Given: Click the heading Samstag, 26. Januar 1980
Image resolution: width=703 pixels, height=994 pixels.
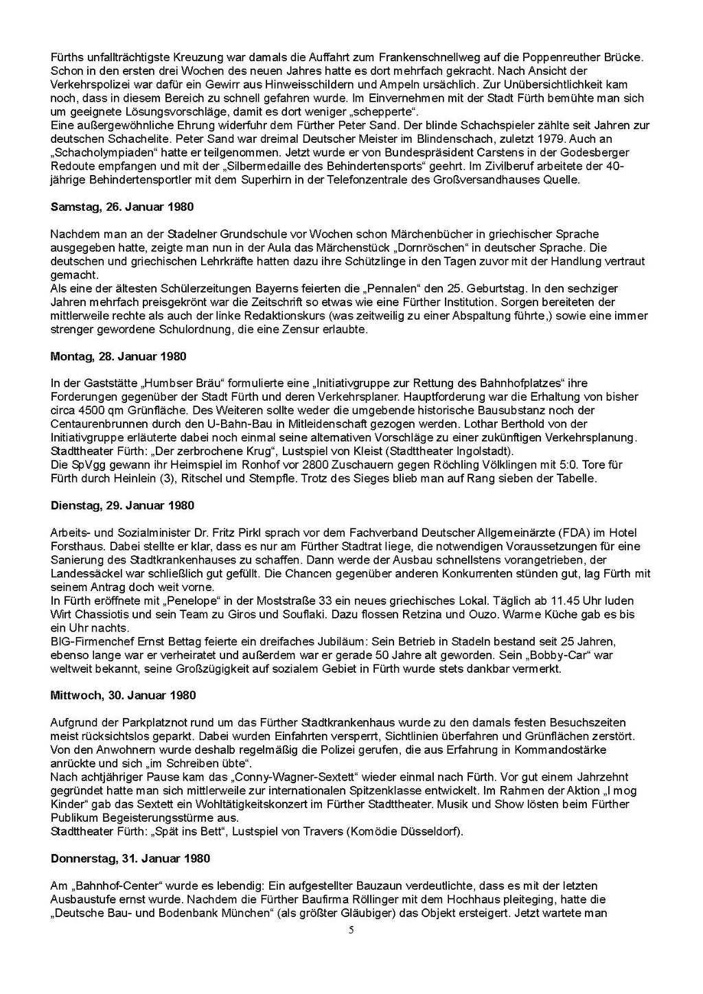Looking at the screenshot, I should [122, 207].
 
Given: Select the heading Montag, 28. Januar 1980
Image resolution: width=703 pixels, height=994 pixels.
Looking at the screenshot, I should [118, 356].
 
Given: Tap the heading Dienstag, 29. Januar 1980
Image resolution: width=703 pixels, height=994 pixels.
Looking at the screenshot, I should [122, 505].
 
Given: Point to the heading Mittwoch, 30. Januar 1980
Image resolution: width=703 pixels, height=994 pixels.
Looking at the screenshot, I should [123, 695].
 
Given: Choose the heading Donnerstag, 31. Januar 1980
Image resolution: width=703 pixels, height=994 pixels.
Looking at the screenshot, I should [130, 858].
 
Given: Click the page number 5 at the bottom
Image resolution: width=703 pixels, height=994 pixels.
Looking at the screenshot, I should [351, 930].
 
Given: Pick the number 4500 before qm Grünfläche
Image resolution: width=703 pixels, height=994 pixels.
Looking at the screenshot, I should [89, 411].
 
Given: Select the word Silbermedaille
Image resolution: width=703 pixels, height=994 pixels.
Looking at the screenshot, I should [342, 166].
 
